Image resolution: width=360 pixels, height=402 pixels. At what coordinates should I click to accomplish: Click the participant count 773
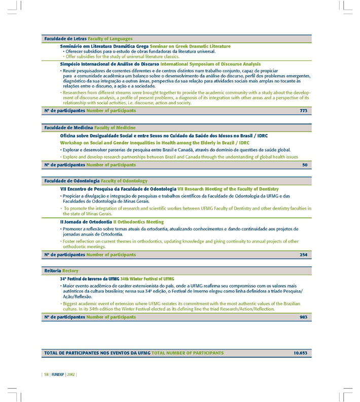pyautogui.click(x=303, y=110)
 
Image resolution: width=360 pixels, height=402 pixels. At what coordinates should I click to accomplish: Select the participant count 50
pyautogui.click(x=305, y=165)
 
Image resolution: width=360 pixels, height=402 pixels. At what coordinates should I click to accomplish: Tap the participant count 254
pyautogui.click(x=303, y=255)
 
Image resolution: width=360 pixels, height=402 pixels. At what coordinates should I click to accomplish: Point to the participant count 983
pyautogui.click(x=303, y=317)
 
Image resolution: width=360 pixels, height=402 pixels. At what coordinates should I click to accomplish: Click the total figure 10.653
pyautogui.click(x=301, y=352)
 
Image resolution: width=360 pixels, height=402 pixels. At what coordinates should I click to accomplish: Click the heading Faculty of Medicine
pyautogui.click(x=115, y=128)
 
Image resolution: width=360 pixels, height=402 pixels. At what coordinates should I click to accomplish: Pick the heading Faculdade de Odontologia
pyautogui.click(x=71, y=181)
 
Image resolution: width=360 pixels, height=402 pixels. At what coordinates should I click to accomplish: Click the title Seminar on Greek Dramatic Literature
pyautogui.click(x=190, y=46)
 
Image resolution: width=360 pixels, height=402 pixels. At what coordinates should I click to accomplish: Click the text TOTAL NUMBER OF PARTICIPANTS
pyautogui.click(x=187, y=352)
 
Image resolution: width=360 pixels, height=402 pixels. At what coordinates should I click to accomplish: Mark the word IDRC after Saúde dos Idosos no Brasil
pyautogui.click(x=262, y=136)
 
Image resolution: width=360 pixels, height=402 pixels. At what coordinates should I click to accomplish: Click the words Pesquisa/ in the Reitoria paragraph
pyautogui.click(x=293, y=291)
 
